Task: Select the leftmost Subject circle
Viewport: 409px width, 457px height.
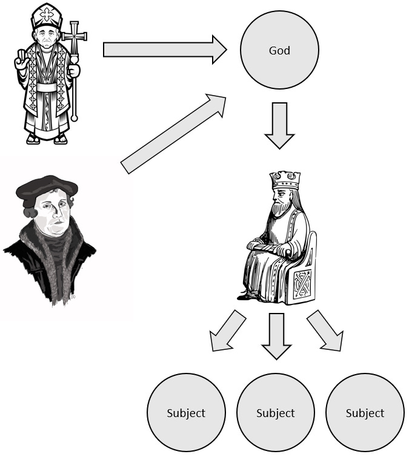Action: point(186,413)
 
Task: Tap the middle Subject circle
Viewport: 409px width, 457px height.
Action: point(275,413)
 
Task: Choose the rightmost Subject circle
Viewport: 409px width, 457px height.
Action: point(365,413)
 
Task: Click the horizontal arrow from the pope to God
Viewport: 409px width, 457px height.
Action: point(164,49)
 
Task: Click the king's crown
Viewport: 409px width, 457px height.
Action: point(285,179)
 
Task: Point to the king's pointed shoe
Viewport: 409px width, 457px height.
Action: point(245,297)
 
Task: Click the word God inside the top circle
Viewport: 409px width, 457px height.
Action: point(279,50)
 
